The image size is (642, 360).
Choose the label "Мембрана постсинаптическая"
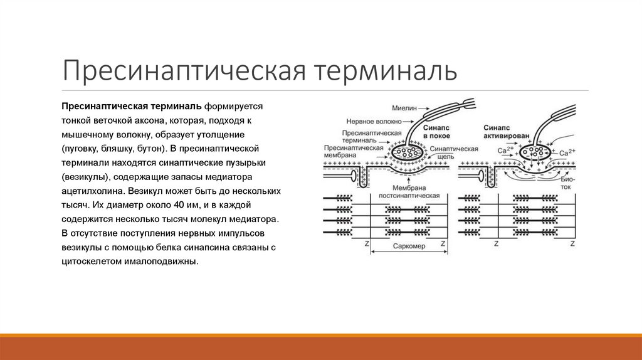(414, 192)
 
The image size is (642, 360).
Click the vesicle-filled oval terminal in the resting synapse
(408, 152)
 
